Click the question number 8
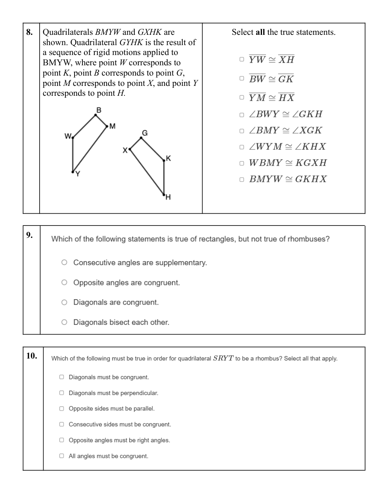(29, 32)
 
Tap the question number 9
(29, 235)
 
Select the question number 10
(32, 355)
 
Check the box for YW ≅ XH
(242, 59)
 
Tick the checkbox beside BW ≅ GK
(242, 78)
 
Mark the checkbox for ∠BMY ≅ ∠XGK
(242, 131)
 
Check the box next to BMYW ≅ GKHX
(242, 179)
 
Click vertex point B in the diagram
(96, 115)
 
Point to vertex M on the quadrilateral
(107, 126)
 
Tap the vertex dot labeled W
(73, 138)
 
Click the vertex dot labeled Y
(73, 172)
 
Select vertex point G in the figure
(141, 138)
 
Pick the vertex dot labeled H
(164, 194)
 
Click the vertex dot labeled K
(164, 160)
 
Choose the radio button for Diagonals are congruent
(64, 302)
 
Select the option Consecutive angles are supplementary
(64, 262)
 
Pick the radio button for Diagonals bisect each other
(64, 322)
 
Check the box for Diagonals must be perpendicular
(61, 393)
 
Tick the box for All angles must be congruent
(61, 456)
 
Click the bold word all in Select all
(260, 32)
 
